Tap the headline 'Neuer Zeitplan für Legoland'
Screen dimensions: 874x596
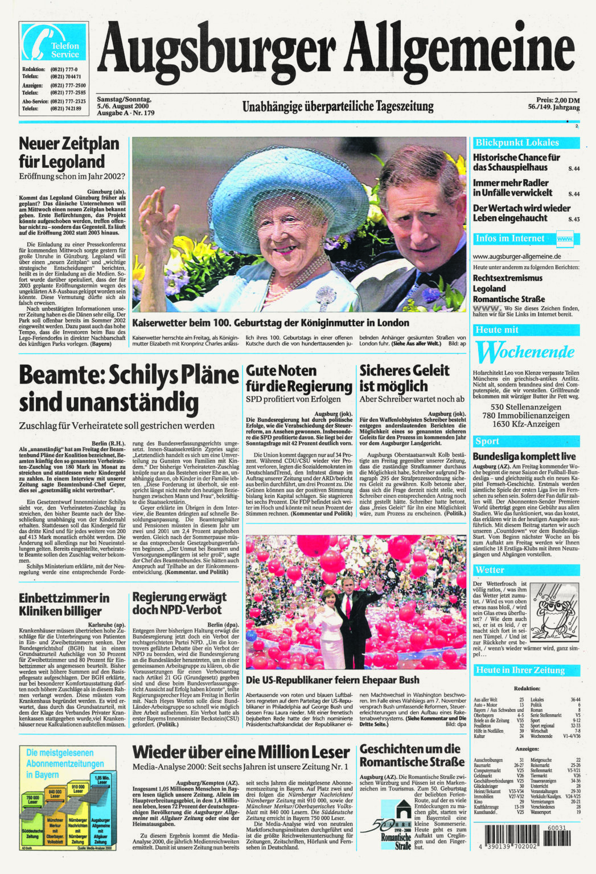click(x=69, y=152)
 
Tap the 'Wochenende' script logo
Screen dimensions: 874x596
click(x=525, y=352)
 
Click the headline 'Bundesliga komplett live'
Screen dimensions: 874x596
click(x=524, y=456)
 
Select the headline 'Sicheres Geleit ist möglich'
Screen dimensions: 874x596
click(x=404, y=378)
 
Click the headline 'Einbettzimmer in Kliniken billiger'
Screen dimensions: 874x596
click(x=64, y=604)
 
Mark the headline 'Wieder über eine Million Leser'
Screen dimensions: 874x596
click(x=241, y=752)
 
